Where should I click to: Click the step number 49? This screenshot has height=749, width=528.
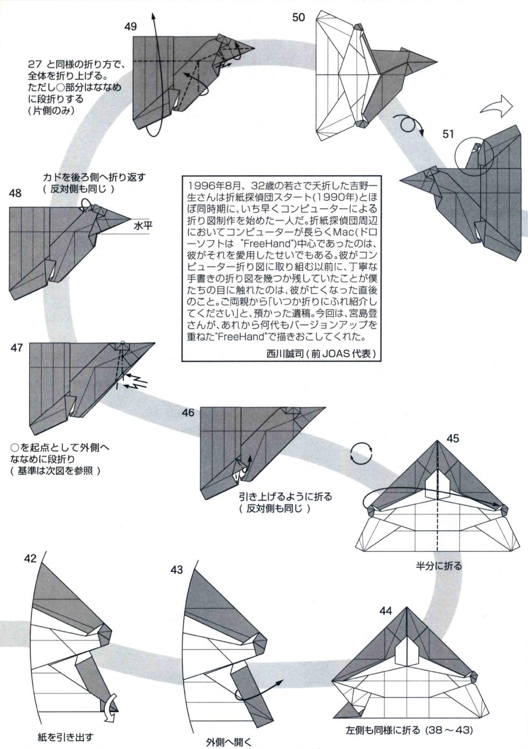coord(131,26)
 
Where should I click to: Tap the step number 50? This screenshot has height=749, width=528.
coord(298,17)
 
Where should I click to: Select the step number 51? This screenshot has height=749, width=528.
coord(449,134)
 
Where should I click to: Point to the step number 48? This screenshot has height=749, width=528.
coord(15,192)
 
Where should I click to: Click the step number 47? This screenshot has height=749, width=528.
coord(16,348)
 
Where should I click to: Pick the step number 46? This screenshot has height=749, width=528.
coord(188,413)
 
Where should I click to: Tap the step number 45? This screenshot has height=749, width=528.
coord(453,438)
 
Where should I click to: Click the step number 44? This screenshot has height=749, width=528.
coord(386,610)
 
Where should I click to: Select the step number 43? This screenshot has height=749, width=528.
coord(177,570)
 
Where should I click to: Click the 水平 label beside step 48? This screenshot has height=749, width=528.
coord(144,226)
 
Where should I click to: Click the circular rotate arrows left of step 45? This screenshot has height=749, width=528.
coord(361,453)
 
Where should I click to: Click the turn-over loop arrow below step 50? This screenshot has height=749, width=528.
coord(411,125)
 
